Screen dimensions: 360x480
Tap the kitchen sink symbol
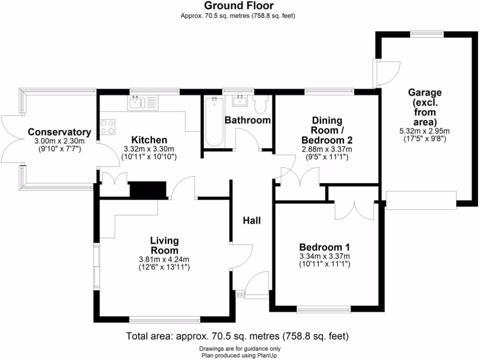(x=135, y=102)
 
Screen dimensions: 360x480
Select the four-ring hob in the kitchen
(x=107, y=127)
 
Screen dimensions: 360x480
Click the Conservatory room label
(x=59, y=132)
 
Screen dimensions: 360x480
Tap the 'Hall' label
(x=252, y=220)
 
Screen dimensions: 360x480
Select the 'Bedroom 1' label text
(x=324, y=247)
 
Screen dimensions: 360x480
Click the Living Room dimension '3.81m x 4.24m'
(x=165, y=259)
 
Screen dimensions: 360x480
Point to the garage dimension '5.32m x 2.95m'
(x=424, y=131)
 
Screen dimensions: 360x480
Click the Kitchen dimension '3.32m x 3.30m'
(x=149, y=149)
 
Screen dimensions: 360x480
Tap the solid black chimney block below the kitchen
(x=148, y=190)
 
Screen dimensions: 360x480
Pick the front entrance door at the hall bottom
(x=256, y=285)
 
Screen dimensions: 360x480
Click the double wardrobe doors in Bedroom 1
(x=355, y=210)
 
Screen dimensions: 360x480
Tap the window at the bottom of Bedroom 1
(x=323, y=309)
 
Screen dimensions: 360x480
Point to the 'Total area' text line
(x=237, y=336)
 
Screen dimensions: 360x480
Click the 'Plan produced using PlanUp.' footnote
(x=240, y=355)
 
